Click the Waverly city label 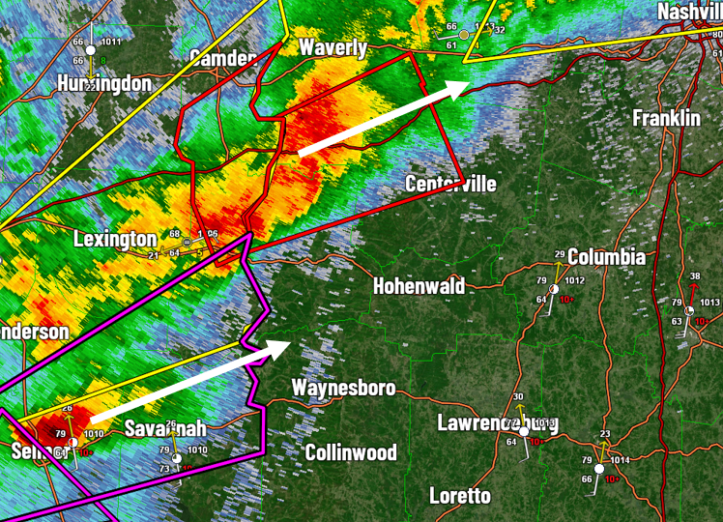click(x=333, y=48)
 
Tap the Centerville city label click(x=450, y=184)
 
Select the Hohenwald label click(x=419, y=285)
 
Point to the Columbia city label click(x=606, y=257)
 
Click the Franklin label click(x=666, y=118)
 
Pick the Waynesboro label click(x=343, y=388)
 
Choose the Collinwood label click(x=351, y=451)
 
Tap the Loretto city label click(x=459, y=496)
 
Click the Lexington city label click(x=115, y=239)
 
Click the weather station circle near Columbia click(x=555, y=289)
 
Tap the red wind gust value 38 click(x=694, y=276)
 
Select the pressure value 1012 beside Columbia click(x=575, y=281)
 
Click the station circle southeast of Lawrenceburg click(x=598, y=469)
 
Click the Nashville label click(x=689, y=12)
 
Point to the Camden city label click(x=222, y=56)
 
